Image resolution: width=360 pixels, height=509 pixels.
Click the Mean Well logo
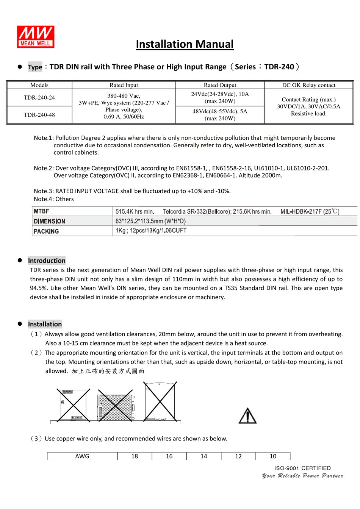click(36, 37)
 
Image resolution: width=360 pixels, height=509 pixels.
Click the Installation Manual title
click(185, 44)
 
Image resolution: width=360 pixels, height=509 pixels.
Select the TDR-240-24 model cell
click(39, 98)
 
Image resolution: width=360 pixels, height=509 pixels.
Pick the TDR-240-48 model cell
click(39, 115)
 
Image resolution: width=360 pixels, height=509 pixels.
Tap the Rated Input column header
click(124, 85)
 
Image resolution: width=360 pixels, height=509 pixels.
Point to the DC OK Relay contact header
click(308, 85)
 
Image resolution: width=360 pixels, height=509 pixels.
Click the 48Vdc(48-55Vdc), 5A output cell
click(220, 115)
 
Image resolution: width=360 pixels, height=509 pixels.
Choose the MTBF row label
click(42, 211)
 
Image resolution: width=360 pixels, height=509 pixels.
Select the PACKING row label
click(46, 231)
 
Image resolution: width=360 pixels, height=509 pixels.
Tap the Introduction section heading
click(47, 261)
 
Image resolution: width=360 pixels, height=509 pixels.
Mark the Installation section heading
click(45, 324)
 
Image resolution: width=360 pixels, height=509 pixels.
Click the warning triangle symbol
click(247, 416)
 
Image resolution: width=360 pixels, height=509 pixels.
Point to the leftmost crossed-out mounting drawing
click(74, 405)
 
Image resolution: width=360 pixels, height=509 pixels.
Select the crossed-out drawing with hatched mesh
click(116, 405)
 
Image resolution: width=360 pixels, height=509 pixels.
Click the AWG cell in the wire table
click(82, 456)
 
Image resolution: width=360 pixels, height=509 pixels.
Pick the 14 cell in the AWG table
click(204, 456)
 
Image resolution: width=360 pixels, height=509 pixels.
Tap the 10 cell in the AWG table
click(273, 456)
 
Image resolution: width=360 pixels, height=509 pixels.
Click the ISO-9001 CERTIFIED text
click(302, 468)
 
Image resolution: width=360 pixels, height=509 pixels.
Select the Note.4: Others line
click(54, 199)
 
